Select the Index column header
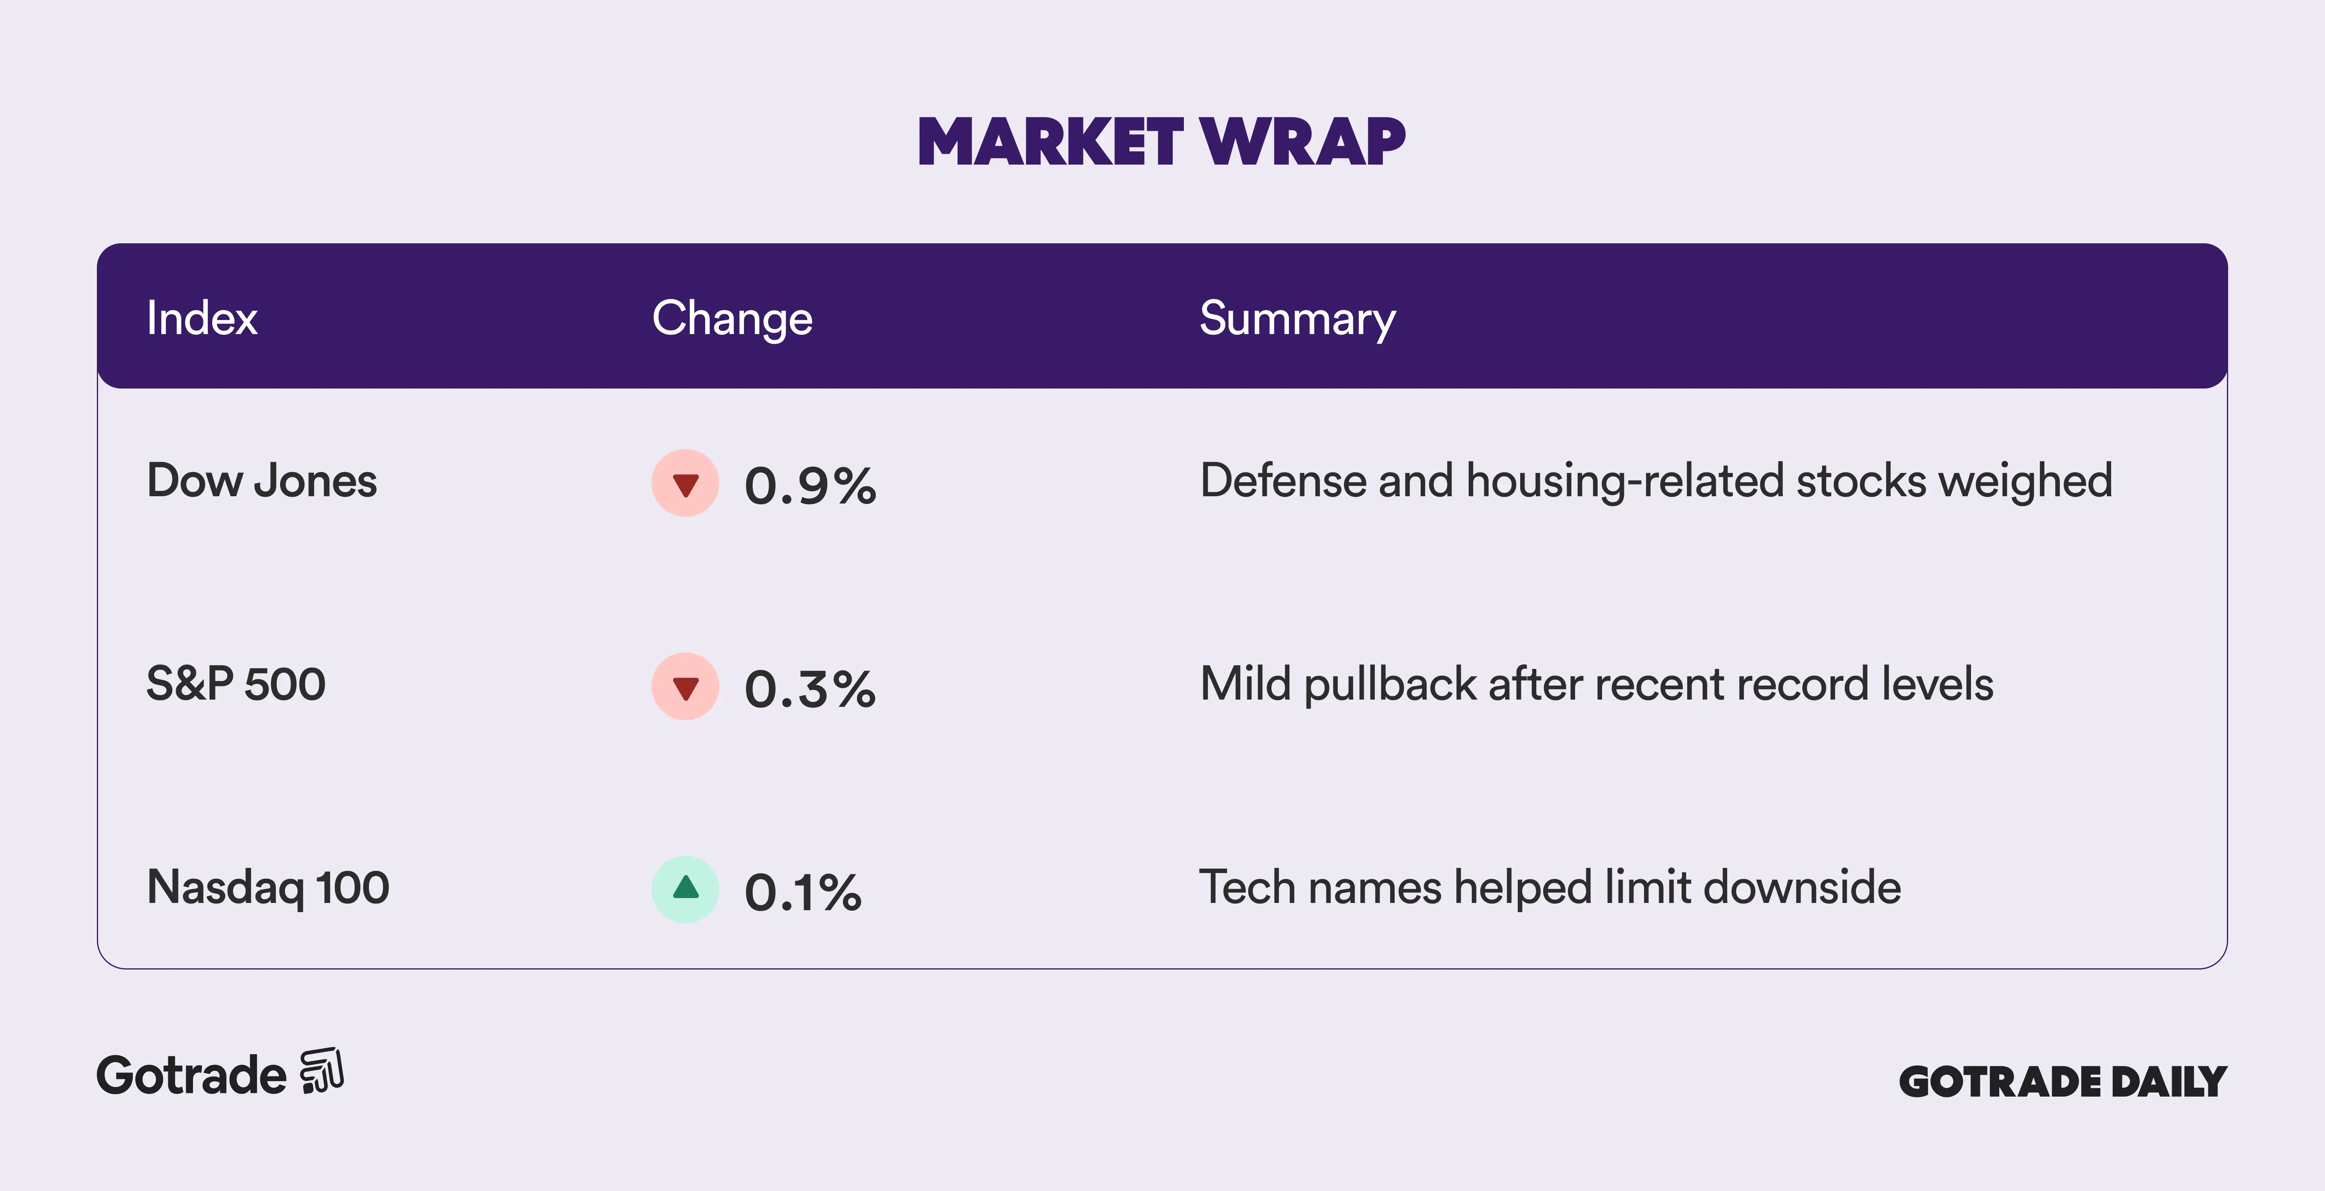point(202,318)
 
